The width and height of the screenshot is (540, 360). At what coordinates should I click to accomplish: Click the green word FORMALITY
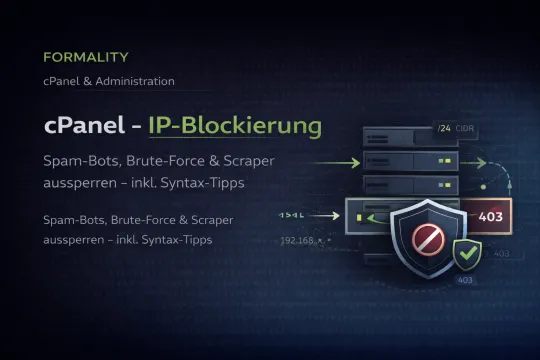[x=85, y=58]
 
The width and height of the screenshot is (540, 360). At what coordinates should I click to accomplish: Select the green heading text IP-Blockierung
[x=235, y=127]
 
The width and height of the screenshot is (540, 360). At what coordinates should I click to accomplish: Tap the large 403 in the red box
[x=492, y=216]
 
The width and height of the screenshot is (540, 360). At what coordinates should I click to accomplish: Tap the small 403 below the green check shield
[x=465, y=281]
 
